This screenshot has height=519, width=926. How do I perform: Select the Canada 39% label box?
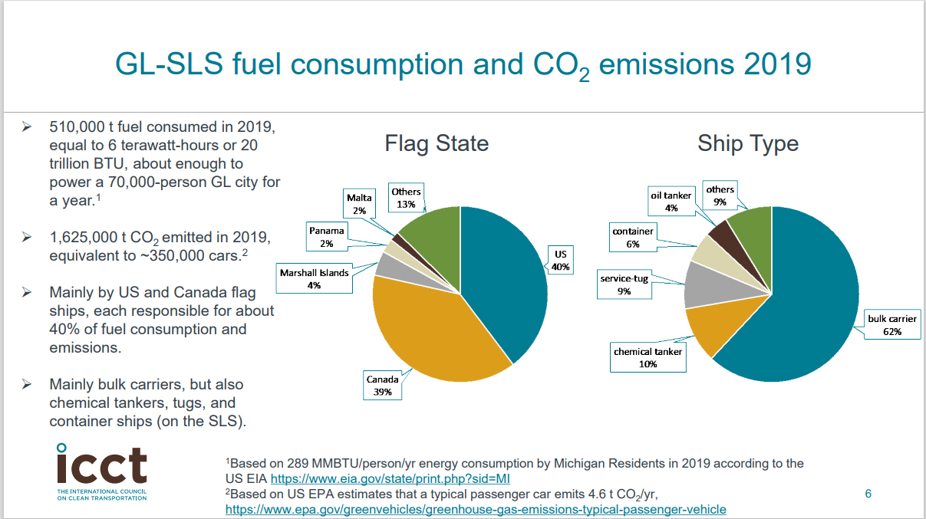(382, 386)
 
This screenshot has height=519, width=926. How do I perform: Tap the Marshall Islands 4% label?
(314, 279)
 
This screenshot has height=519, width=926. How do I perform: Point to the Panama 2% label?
(327, 237)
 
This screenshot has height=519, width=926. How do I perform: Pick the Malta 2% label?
(359, 204)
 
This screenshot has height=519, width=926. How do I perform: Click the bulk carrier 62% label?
(891, 325)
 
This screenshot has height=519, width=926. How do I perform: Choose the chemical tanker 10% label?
(648, 358)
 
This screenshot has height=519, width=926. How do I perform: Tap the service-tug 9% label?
(624, 285)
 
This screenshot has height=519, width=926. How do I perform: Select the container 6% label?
(633, 238)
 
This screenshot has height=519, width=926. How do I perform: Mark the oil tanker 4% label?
(671, 202)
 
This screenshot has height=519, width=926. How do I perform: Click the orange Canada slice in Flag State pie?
(430, 330)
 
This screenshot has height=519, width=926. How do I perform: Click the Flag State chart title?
(437, 143)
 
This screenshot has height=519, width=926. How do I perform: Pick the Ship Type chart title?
(747, 143)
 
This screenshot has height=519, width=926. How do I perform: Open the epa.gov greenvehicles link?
(475, 509)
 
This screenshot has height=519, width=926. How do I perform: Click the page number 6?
(868, 494)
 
